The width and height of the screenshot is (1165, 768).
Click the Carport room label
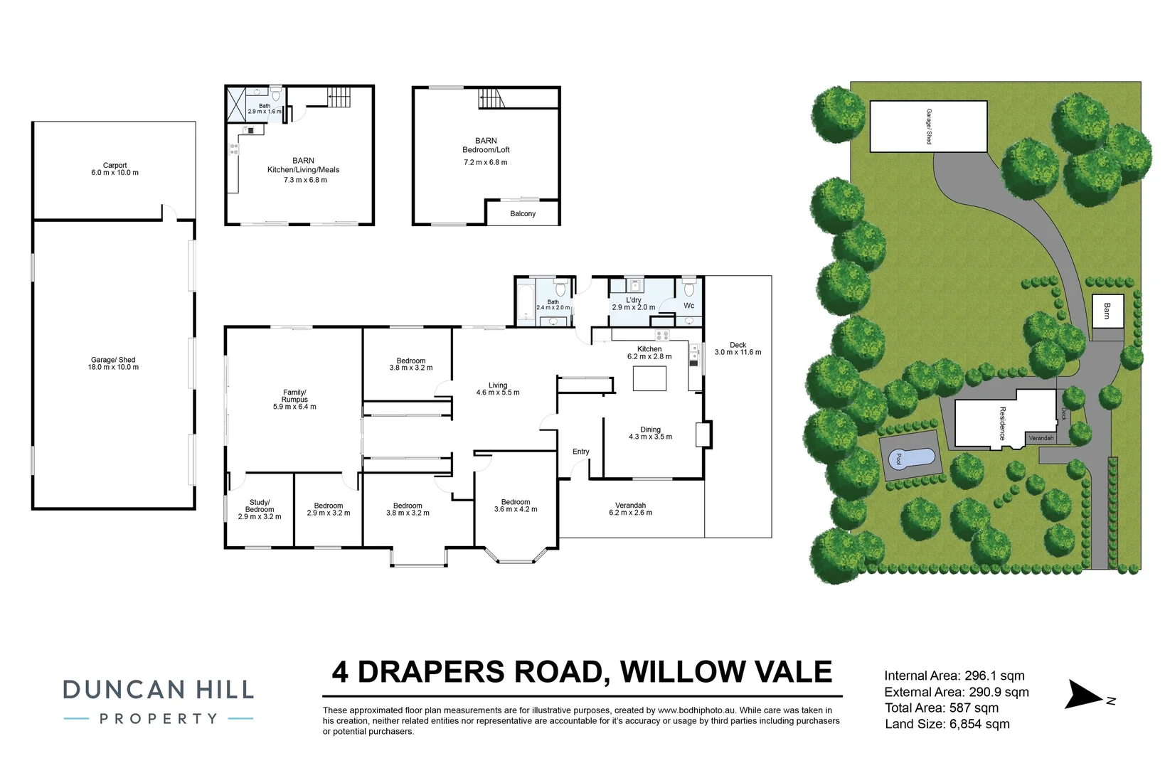click(115, 165)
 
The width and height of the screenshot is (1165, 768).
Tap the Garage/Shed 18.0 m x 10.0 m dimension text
click(114, 368)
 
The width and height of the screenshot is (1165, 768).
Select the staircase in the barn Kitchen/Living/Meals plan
click(339, 97)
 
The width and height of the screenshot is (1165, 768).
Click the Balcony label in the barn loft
click(523, 213)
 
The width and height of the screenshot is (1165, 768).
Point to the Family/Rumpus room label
click(294, 395)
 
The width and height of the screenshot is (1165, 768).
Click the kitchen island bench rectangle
click(649, 378)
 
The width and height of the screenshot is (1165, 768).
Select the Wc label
click(688, 306)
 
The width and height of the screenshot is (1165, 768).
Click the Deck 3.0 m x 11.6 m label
click(738, 348)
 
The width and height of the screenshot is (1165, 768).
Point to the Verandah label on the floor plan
click(630, 506)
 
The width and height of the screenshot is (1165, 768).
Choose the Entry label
click(580, 452)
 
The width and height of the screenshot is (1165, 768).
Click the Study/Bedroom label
click(260, 506)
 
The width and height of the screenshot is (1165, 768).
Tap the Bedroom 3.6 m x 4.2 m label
click(516, 506)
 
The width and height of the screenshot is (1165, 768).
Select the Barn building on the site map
click(1107, 311)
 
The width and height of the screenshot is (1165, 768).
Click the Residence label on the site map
click(1002, 423)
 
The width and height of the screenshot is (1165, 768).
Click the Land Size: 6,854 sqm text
click(947, 724)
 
